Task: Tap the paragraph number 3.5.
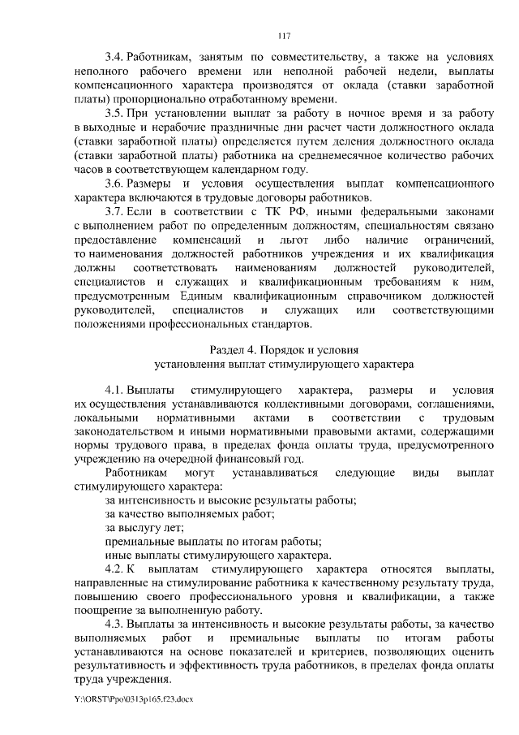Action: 114,111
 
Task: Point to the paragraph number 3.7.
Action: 114,213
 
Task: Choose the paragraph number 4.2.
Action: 114,569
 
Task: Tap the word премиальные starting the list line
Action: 143,542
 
